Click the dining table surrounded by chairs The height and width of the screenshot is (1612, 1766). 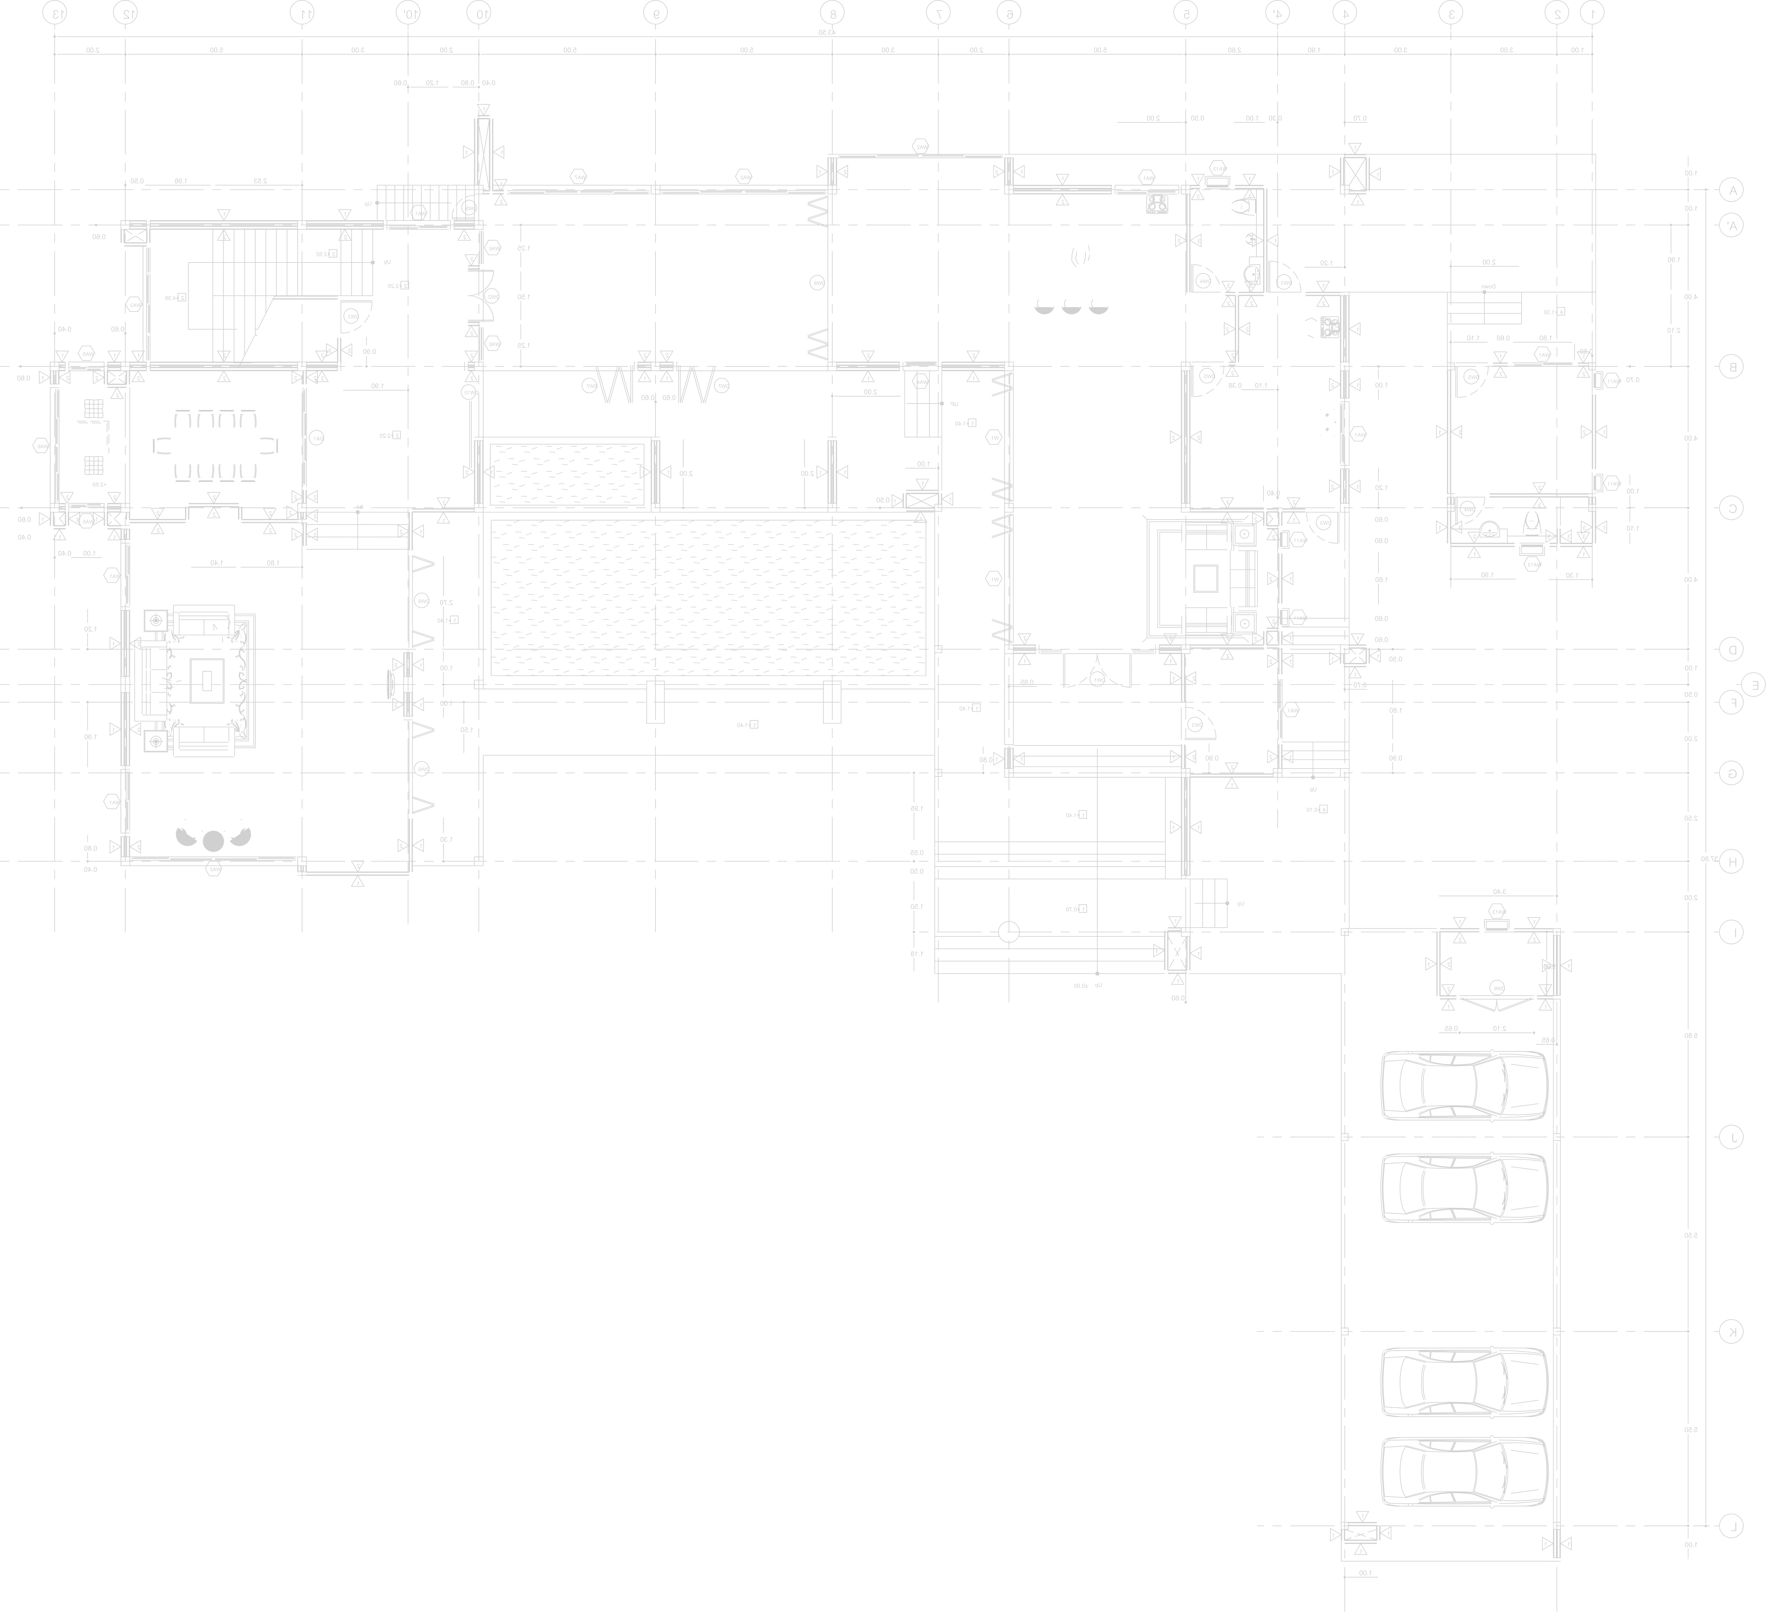pyautogui.click(x=215, y=446)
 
